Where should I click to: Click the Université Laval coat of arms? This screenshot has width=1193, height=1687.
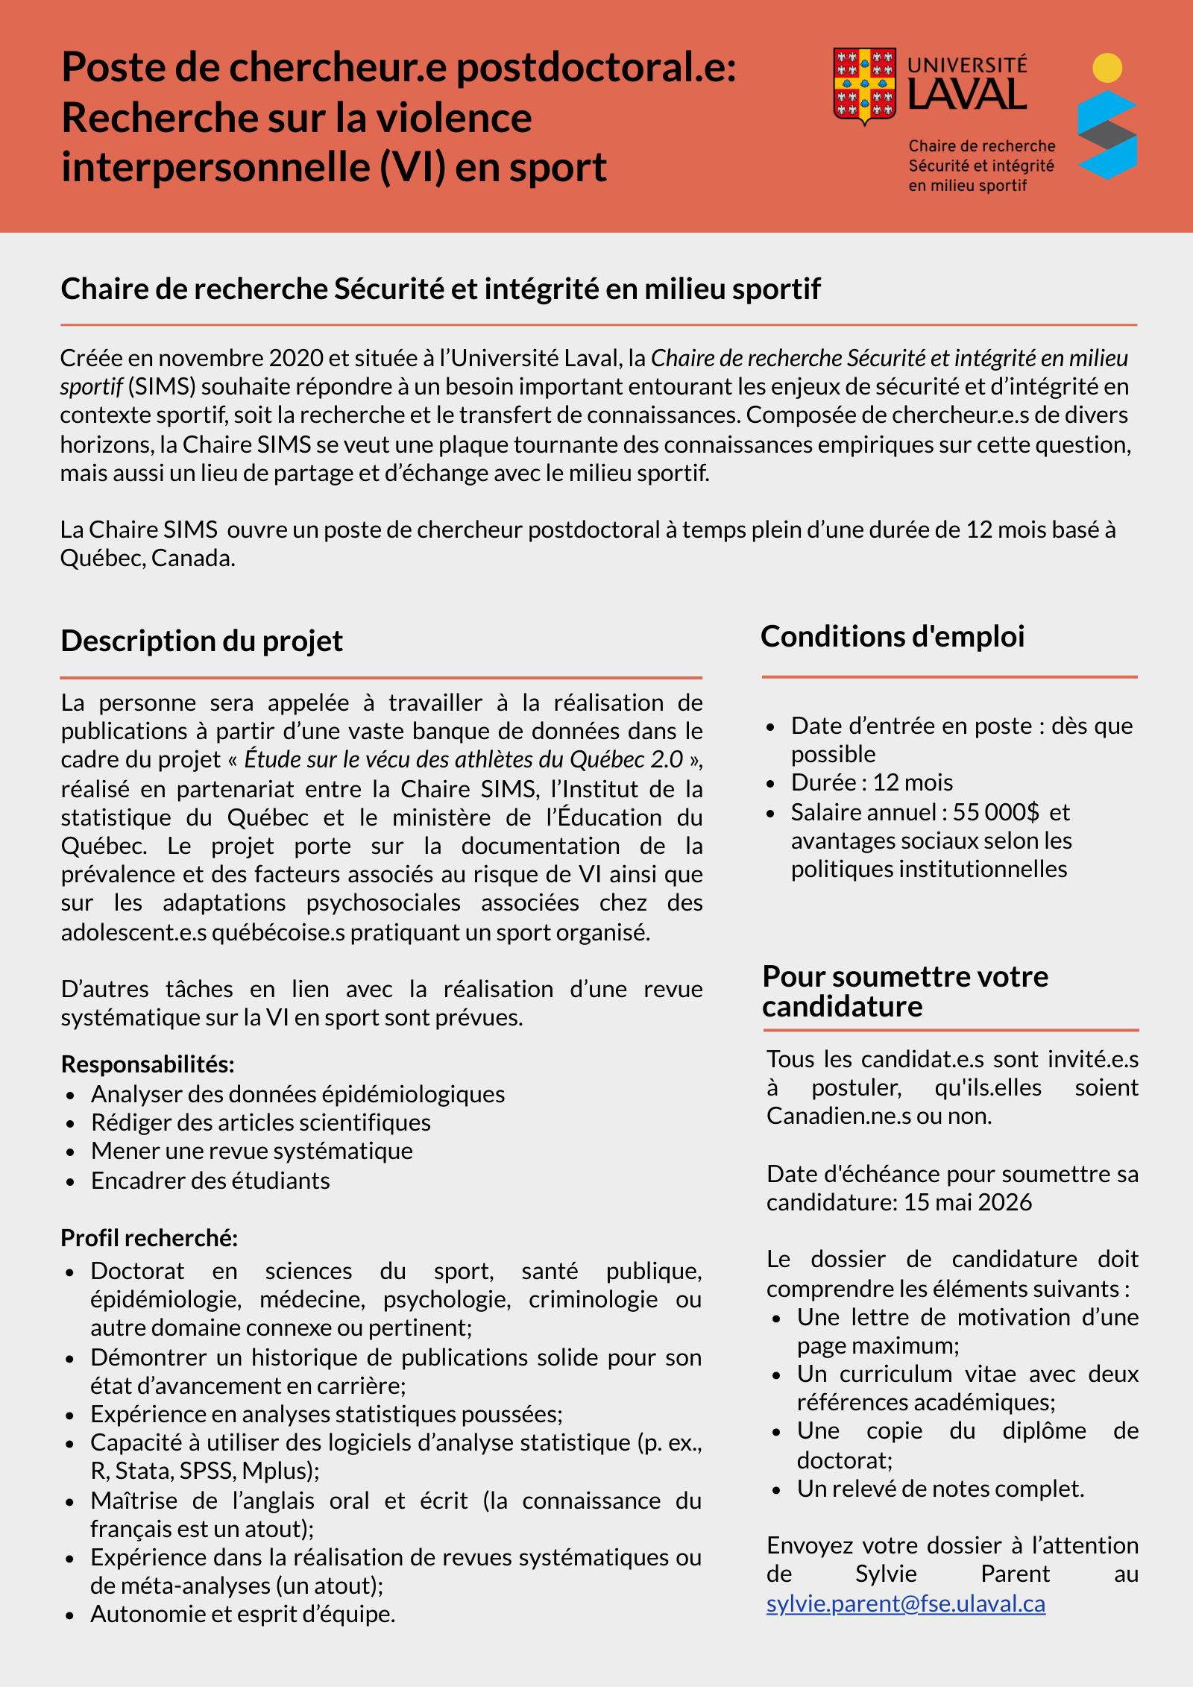pos(864,85)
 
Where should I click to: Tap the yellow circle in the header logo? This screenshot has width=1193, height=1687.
pos(1107,68)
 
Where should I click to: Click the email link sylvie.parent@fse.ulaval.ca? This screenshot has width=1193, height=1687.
pos(905,1603)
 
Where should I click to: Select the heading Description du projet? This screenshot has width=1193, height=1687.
pos(201,641)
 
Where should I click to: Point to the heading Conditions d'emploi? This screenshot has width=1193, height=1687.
pos(893,636)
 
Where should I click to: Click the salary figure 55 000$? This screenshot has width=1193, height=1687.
pos(995,811)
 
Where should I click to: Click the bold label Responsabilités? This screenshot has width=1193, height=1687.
pos(148,1064)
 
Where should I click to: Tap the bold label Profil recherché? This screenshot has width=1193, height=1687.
pos(149,1238)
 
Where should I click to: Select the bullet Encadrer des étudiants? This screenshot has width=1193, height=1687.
pos(210,1181)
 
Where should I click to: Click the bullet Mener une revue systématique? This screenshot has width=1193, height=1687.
pos(251,1151)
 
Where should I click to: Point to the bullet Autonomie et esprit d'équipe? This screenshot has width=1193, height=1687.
pos(242,1614)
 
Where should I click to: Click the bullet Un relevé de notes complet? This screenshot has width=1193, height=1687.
pos(939,1489)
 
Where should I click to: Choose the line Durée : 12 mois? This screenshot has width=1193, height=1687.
pos(872,782)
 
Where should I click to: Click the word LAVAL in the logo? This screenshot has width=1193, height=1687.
pos(967,95)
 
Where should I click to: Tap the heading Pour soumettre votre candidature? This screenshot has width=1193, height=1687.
pos(905,991)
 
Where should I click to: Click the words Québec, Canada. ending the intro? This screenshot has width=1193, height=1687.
pos(148,558)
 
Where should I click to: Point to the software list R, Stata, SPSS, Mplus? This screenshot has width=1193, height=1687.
pos(204,1471)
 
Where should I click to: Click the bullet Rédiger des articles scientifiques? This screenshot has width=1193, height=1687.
pos(260,1122)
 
